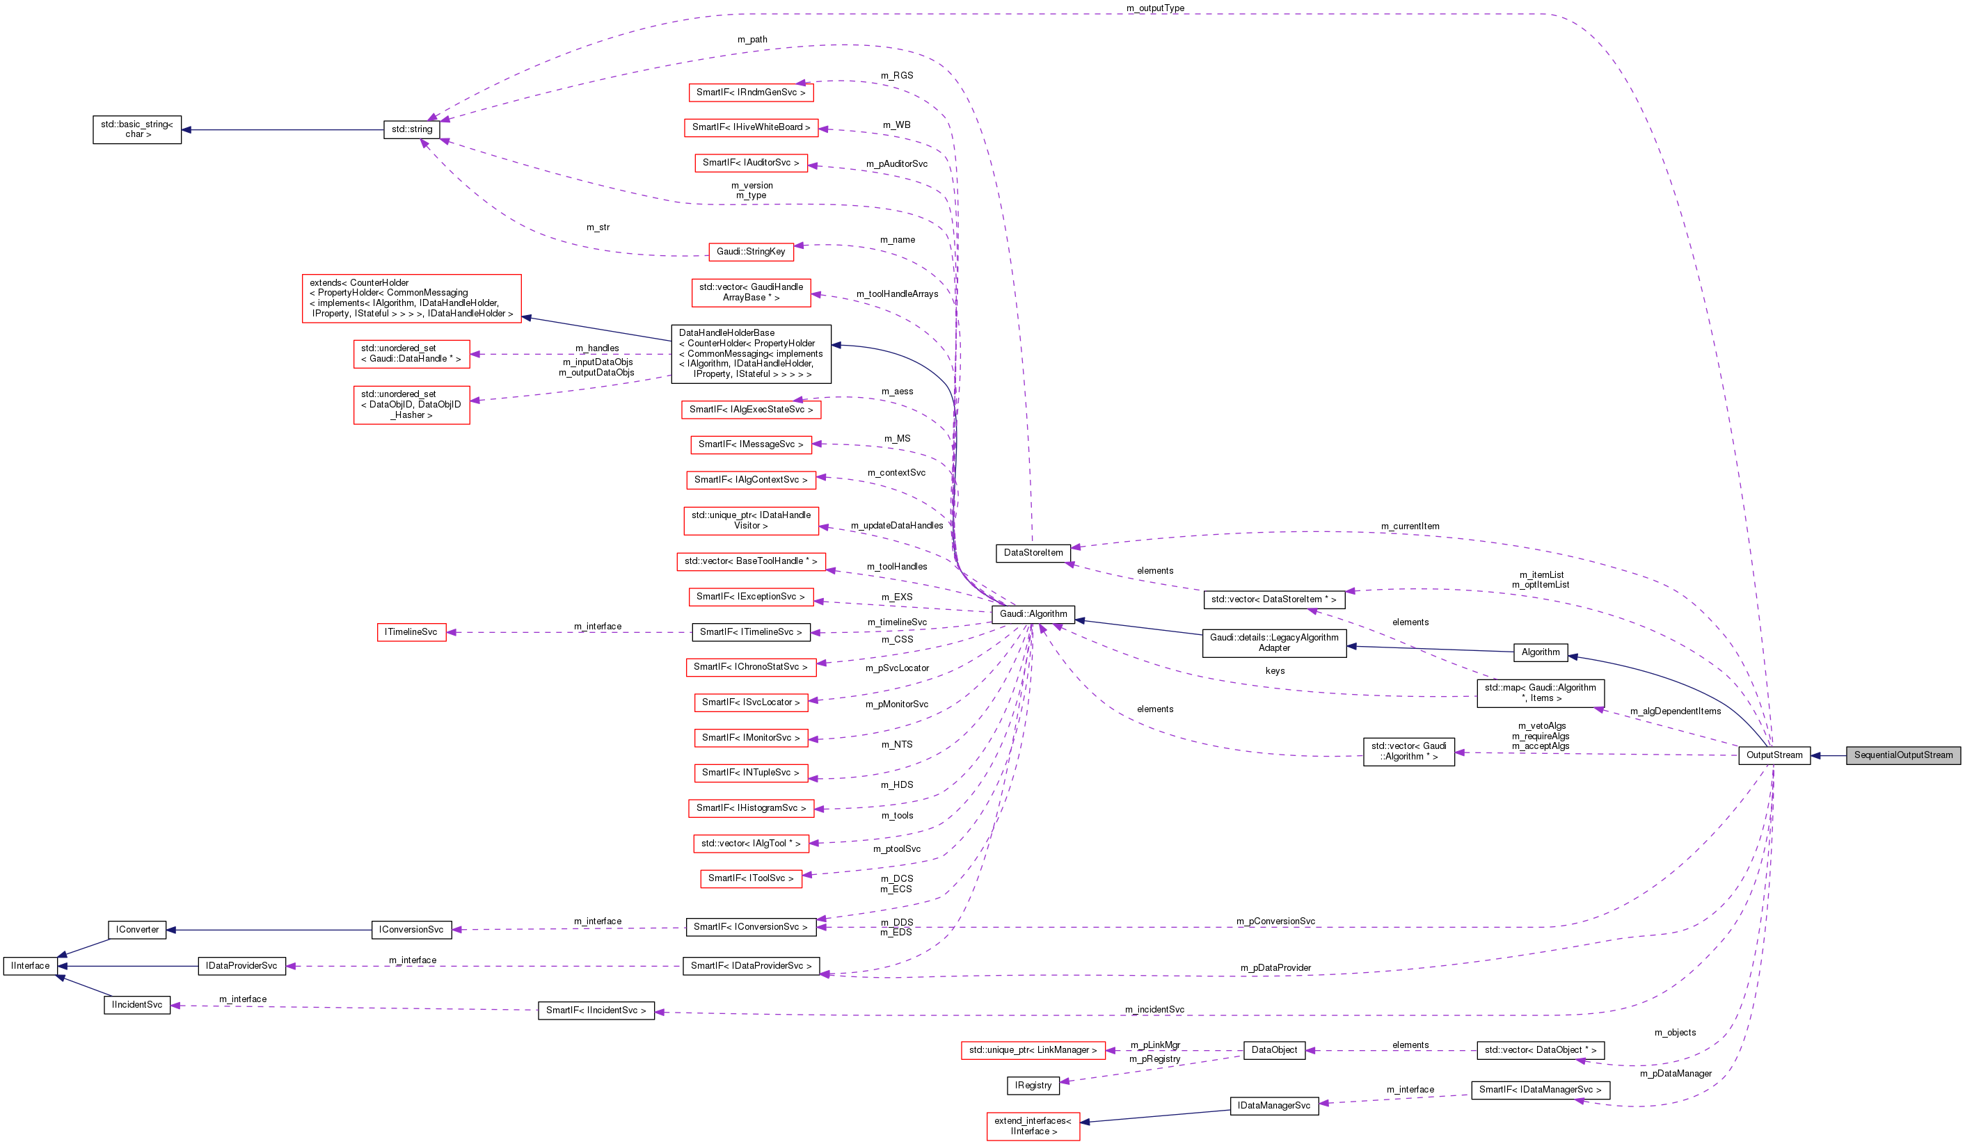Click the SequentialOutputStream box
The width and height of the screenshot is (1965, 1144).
(1902, 755)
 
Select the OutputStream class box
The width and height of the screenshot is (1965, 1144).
(1774, 755)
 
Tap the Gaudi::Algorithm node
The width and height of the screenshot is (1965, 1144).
(1033, 614)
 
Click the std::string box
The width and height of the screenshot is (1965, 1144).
(412, 129)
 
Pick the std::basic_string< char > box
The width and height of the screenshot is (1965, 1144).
(137, 129)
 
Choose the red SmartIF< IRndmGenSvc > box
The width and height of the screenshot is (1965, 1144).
(751, 92)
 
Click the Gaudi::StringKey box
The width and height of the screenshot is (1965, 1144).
(751, 252)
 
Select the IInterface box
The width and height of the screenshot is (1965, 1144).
(31, 967)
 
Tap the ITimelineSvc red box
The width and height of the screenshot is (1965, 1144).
(412, 632)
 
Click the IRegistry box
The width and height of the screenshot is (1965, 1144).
(1033, 1086)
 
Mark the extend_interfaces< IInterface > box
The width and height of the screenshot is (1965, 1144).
(1033, 1126)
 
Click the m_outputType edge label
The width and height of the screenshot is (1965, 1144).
(1155, 8)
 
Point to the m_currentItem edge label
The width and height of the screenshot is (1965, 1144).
(1410, 527)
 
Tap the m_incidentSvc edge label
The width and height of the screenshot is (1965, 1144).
(1154, 1010)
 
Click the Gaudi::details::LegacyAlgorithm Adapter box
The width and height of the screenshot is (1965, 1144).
(1274, 643)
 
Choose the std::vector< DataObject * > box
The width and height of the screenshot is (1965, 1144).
(1540, 1051)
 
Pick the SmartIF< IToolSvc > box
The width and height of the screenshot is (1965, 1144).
(751, 878)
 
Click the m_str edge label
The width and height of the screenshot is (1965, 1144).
(598, 227)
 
